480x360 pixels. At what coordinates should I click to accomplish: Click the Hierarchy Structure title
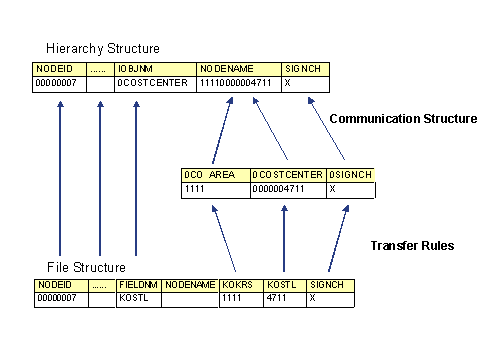click(x=102, y=48)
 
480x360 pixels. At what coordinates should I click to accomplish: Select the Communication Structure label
click(x=403, y=118)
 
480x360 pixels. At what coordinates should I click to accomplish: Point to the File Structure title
click(x=86, y=267)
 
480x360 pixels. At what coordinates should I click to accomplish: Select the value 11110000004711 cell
click(x=238, y=83)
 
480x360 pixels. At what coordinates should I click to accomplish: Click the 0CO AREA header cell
click(x=214, y=174)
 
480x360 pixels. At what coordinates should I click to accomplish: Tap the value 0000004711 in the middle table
click(x=287, y=188)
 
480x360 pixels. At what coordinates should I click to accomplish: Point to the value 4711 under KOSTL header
click(x=285, y=298)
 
